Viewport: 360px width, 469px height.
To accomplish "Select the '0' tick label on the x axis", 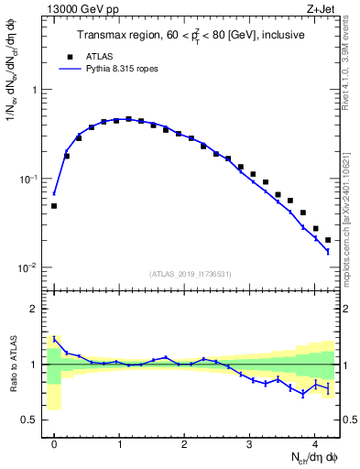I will (x=54, y=442).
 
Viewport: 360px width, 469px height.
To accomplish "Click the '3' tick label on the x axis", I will (x=249, y=442).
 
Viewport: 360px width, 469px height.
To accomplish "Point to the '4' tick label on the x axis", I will (x=314, y=442).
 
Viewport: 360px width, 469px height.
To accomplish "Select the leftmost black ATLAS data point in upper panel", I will (x=54, y=206).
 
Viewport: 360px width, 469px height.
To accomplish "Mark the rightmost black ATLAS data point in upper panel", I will (x=328, y=240).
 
